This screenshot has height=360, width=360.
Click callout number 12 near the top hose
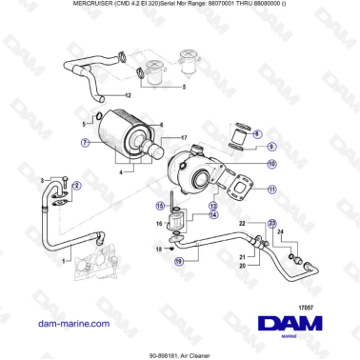pos(128,96)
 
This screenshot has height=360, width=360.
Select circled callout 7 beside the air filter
pos(85,143)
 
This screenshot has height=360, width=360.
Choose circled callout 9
pos(272,147)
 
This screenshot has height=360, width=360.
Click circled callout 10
pos(272,164)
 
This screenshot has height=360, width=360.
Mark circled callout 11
pos(272,190)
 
